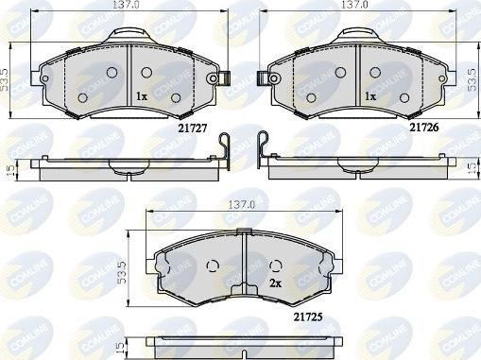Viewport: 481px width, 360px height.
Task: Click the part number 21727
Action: (193, 129)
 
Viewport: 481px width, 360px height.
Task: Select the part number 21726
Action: (423, 128)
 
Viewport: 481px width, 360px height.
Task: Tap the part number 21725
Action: (308, 317)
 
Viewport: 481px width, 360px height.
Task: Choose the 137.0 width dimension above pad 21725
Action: (242, 205)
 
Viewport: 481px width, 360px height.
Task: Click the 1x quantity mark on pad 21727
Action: (142, 96)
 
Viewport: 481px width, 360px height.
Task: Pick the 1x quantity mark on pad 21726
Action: (370, 96)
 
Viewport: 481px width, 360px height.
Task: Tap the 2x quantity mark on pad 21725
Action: (275, 283)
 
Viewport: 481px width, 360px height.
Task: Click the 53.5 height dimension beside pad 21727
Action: (5, 80)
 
